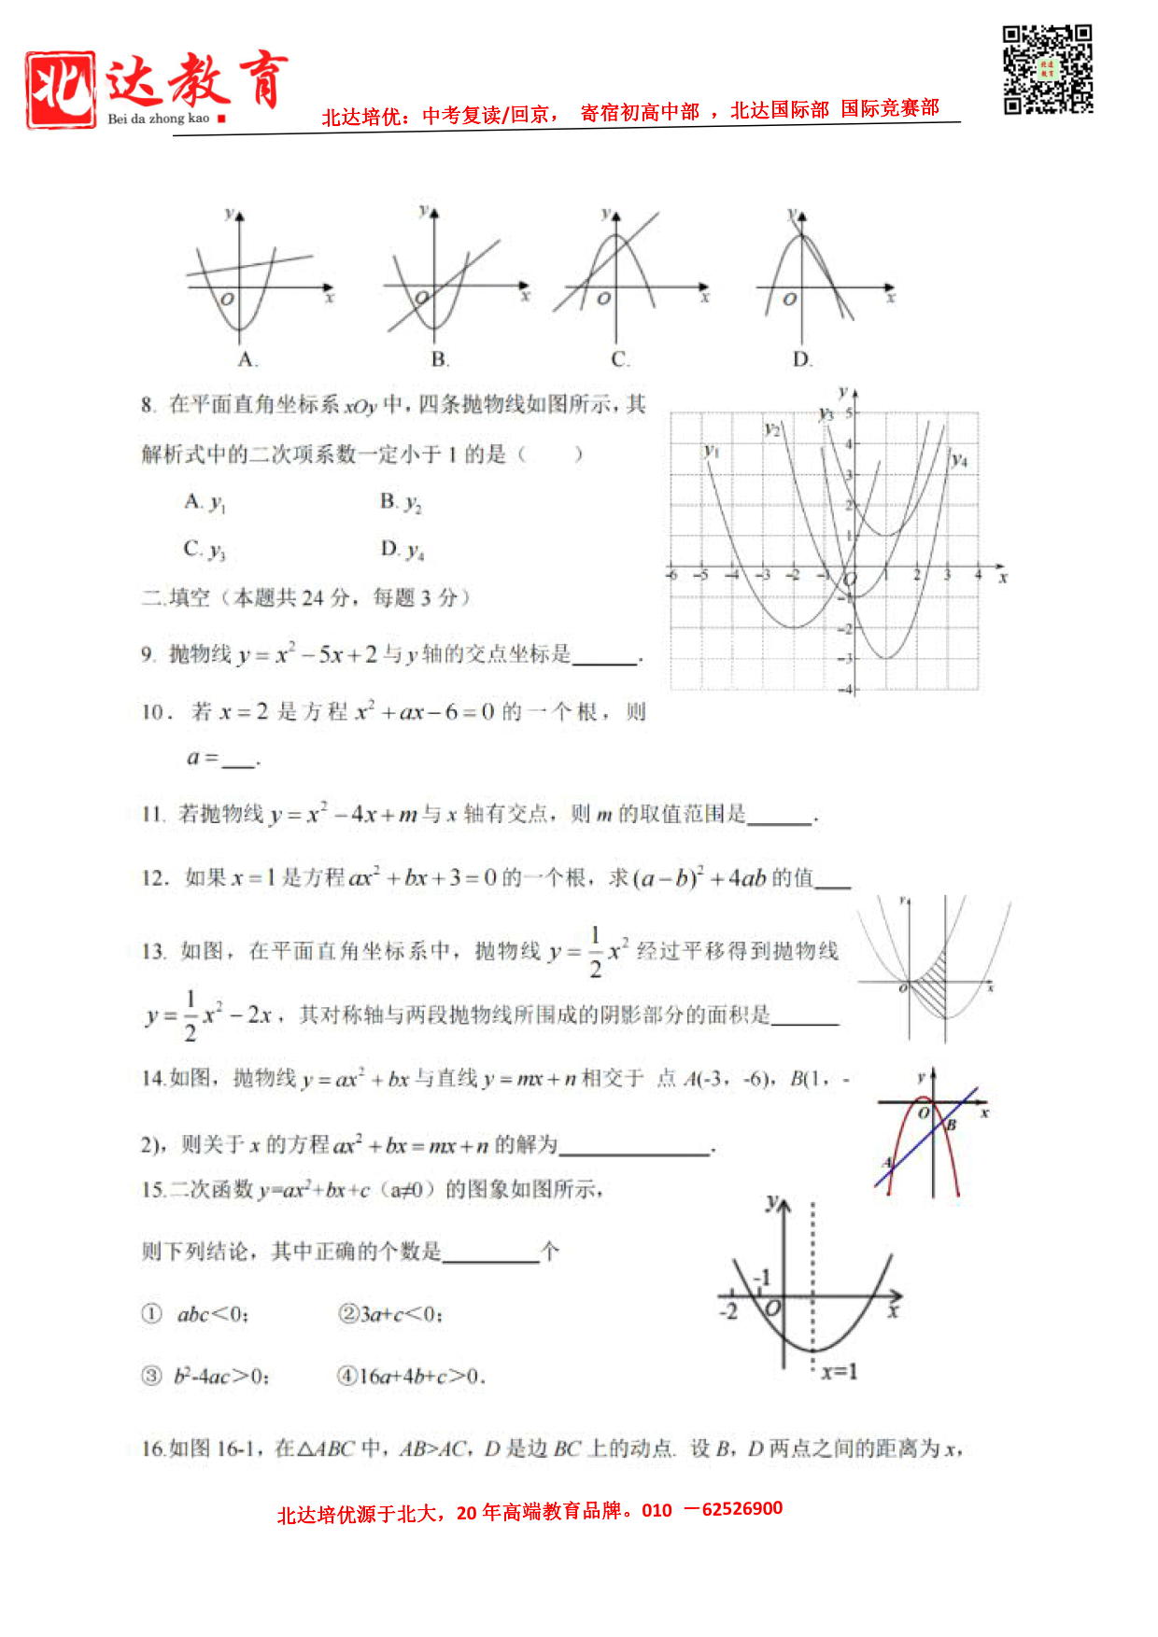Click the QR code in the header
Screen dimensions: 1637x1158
(1047, 70)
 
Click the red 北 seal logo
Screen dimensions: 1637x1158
(61, 90)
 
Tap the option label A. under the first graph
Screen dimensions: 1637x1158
(247, 360)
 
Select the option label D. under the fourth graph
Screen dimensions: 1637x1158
(802, 360)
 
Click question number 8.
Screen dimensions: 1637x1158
(148, 405)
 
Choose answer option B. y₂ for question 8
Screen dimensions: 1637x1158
(401, 503)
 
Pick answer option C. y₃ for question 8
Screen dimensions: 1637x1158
(205, 550)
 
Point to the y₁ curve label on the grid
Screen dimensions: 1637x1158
(712, 451)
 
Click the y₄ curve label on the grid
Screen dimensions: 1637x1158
(959, 459)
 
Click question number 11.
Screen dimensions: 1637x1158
(152, 815)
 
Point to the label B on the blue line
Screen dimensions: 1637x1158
(952, 1126)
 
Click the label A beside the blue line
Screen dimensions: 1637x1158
(888, 1163)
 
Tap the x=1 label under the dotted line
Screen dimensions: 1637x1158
(839, 1371)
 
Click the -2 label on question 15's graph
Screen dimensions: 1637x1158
(728, 1311)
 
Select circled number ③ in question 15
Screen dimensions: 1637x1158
(151, 1376)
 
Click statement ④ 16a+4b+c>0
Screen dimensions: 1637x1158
(411, 1376)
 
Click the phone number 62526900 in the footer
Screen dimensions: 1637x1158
(741, 1509)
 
